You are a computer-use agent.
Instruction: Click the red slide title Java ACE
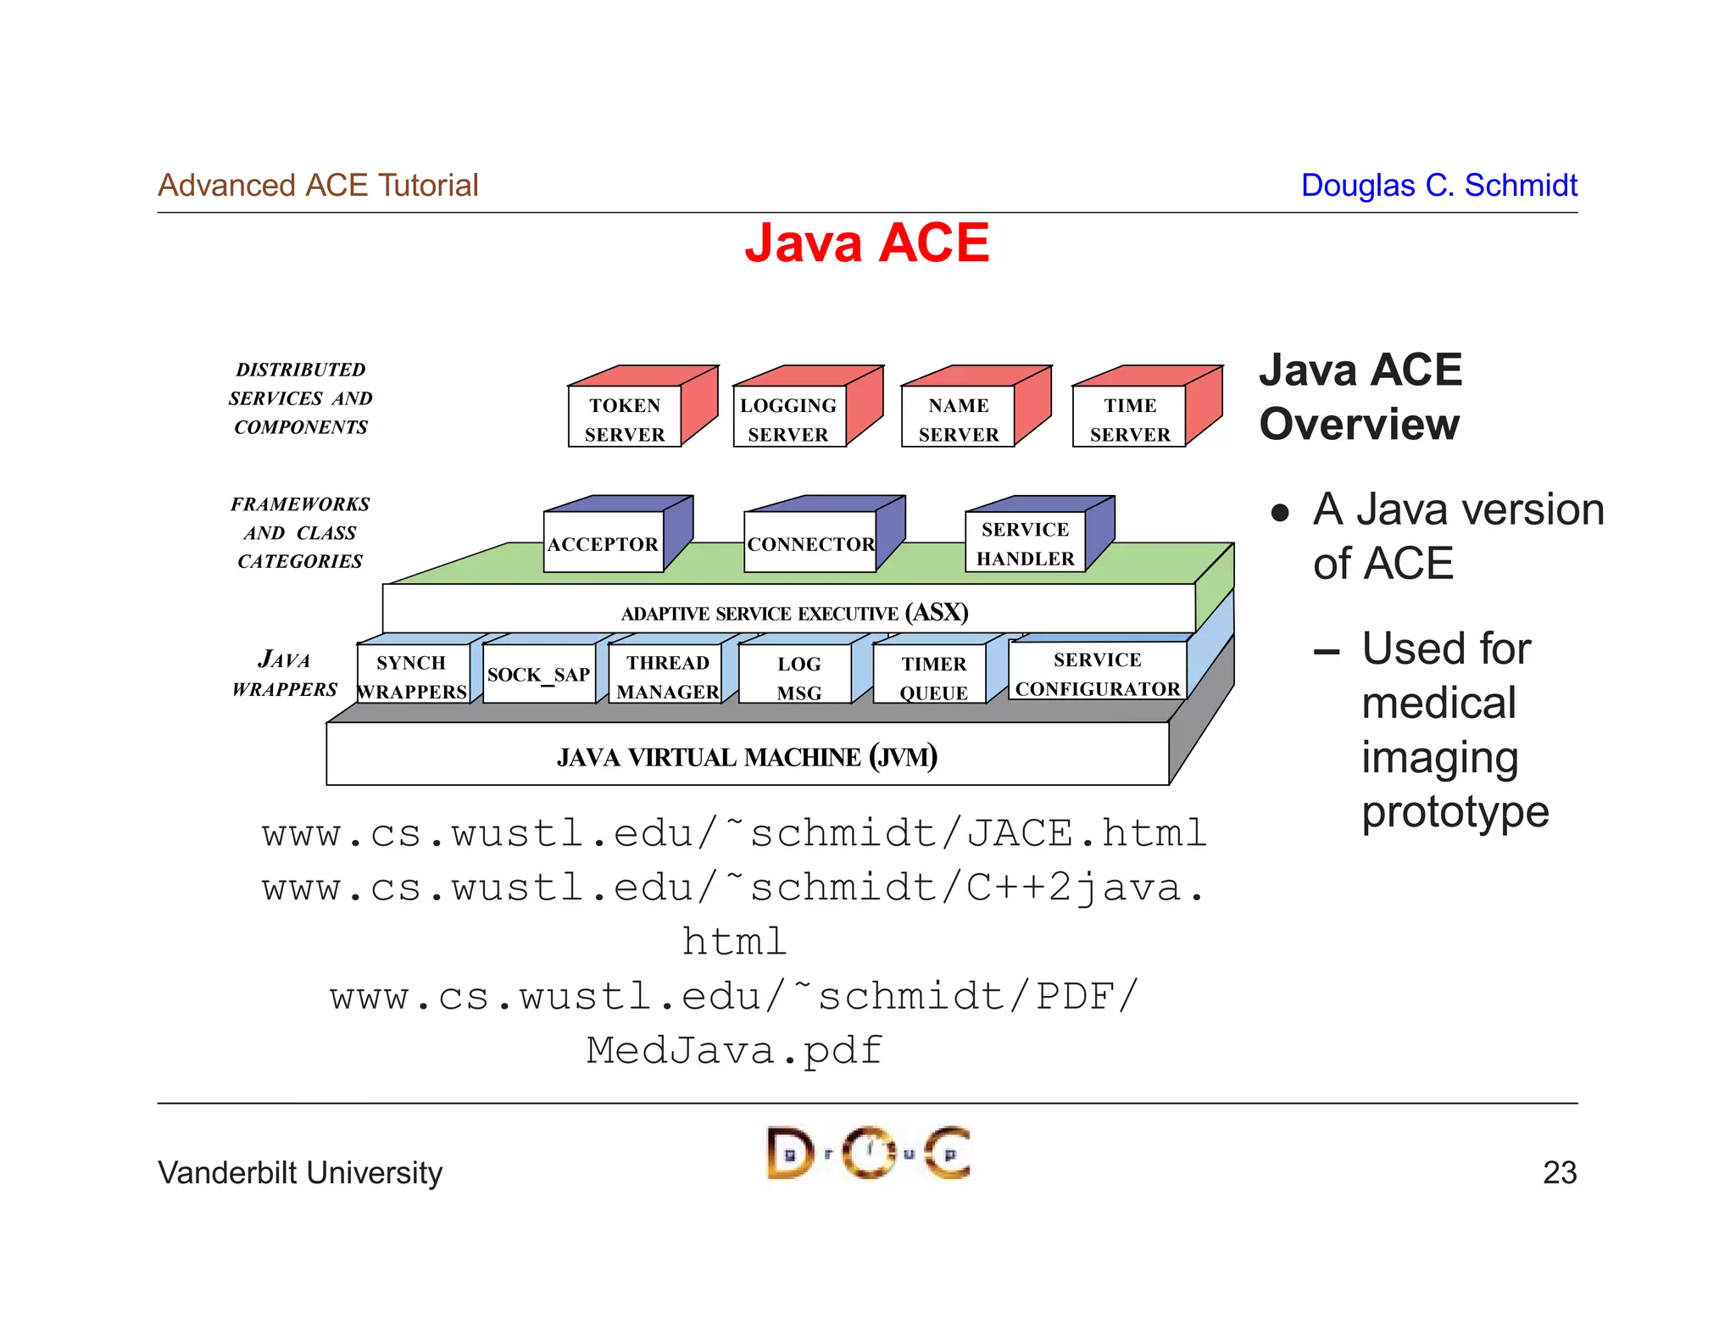866,243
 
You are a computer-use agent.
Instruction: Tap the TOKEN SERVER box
625,419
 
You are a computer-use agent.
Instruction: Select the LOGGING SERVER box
788,419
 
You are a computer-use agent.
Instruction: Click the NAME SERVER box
958,419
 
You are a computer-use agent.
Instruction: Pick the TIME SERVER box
1129,419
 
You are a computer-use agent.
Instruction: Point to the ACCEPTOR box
603,543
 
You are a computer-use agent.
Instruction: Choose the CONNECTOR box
810,543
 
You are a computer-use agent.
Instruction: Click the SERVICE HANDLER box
1025,543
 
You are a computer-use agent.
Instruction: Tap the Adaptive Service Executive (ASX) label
794,612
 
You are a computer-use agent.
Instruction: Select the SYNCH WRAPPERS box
412,676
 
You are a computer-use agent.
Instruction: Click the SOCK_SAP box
539,675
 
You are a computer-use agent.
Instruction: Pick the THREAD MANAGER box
667,676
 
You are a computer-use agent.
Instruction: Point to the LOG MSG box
798,676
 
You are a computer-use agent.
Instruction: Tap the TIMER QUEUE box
932,676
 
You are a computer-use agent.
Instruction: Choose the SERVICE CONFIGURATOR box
1097,673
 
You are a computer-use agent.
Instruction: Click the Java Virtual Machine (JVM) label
747,756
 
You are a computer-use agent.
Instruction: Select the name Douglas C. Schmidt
1438,185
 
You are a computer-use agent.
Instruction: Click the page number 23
1559,1172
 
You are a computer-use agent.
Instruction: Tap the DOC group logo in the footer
868,1153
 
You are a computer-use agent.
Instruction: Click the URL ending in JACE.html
734,833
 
